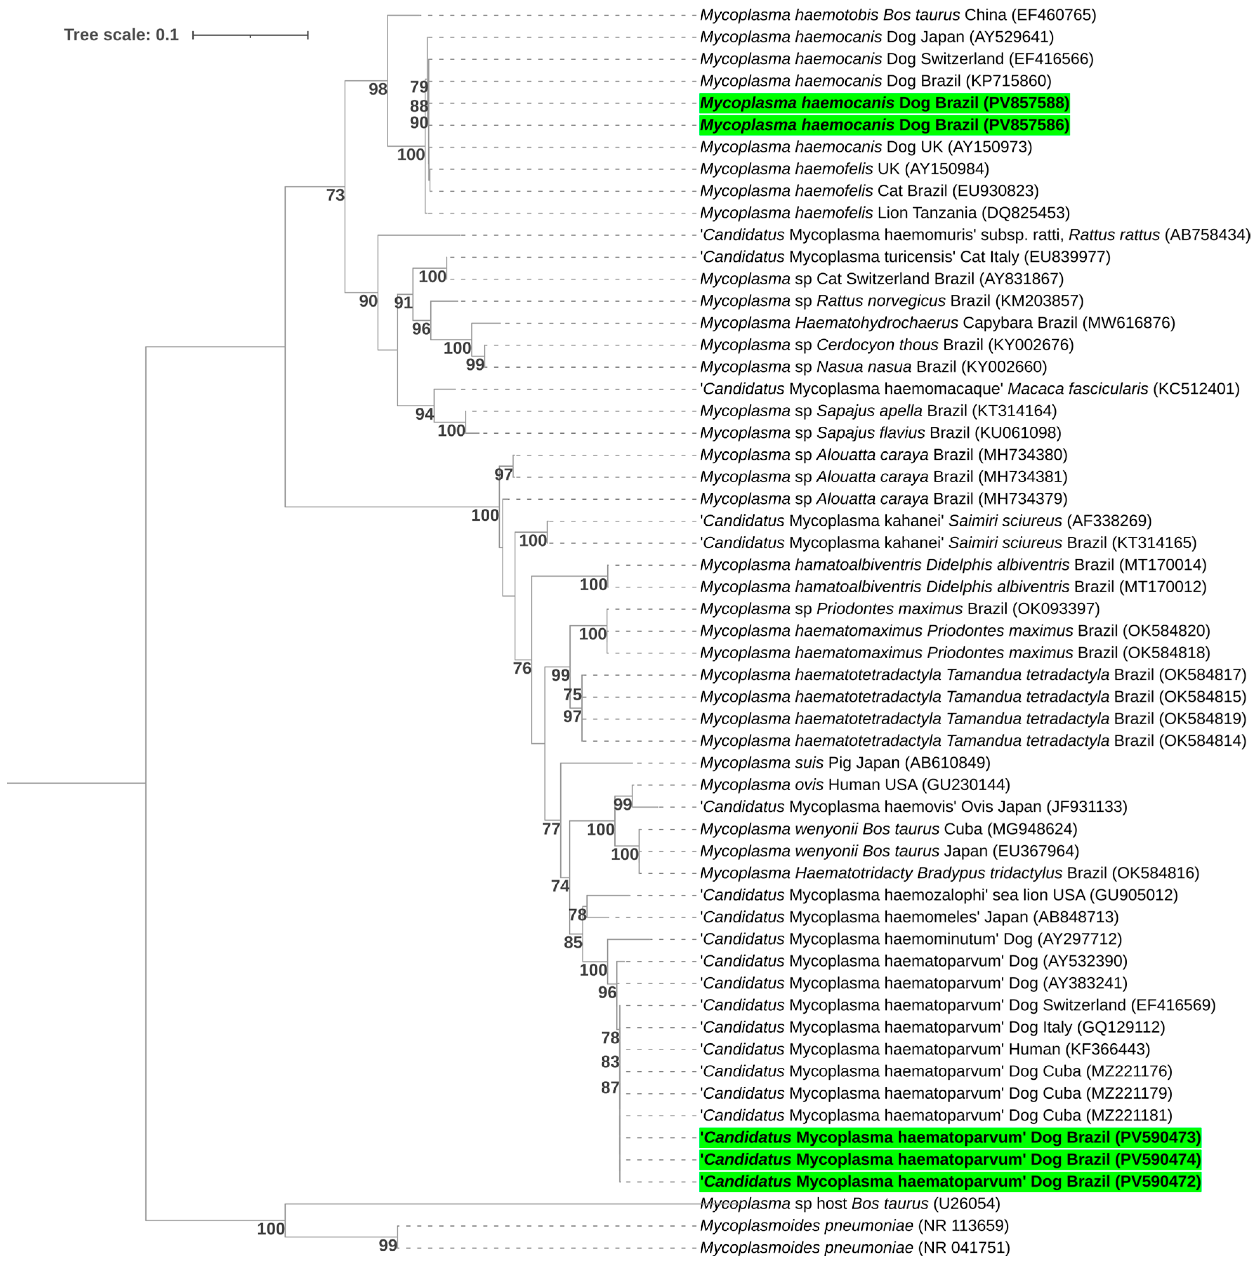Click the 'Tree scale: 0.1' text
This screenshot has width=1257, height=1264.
coord(121,35)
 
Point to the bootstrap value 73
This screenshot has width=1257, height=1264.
coord(335,195)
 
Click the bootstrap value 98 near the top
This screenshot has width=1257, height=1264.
coord(378,89)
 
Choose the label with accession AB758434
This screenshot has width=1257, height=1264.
coord(974,235)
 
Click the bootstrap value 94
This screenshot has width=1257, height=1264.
coord(424,414)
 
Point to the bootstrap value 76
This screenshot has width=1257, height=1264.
coord(522,668)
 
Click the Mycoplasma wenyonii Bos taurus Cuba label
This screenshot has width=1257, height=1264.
coord(888,829)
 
